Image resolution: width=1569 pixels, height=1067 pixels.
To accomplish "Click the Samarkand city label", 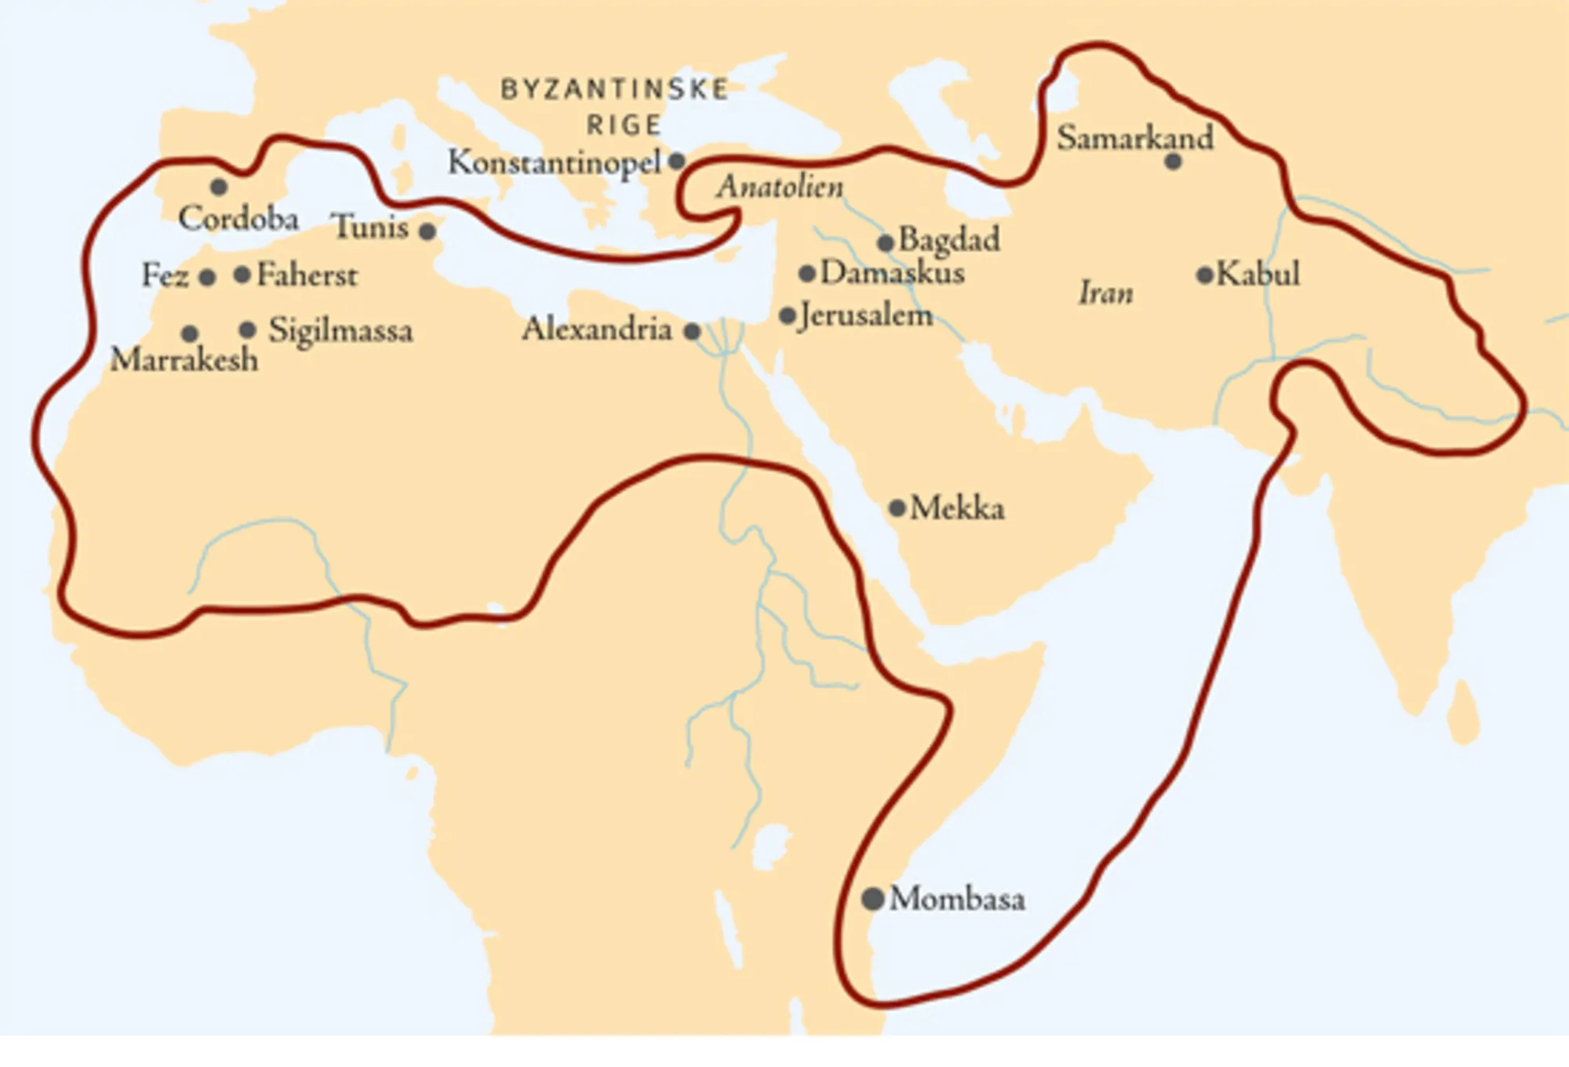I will click(x=1134, y=138).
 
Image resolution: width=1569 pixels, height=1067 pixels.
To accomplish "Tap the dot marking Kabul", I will click(x=1204, y=275).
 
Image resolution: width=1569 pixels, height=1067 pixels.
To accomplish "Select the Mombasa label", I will click(x=957, y=899).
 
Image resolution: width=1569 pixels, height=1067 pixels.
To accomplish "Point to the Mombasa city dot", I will click(x=872, y=899).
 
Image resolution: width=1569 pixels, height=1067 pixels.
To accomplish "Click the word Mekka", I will click(x=957, y=508).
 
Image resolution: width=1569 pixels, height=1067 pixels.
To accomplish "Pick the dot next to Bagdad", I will click(x=885, y=243).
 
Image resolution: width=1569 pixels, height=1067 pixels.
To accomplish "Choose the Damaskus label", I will click(x=892, y=273).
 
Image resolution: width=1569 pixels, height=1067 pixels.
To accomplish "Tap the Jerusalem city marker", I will click(x=788, y=316).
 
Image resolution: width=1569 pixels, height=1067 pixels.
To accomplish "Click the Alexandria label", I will click(x=597, y=330).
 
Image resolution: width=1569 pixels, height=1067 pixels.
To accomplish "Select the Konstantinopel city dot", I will click(x=676, y=162).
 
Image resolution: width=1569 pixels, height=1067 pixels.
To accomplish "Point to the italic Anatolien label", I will click(x=781, y=187).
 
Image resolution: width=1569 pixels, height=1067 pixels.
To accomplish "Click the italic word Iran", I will click(x=1105, y=293).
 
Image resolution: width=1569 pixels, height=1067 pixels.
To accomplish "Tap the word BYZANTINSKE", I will click(x=615, y=89).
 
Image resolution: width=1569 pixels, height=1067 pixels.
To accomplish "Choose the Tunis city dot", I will click(x=428, y=231).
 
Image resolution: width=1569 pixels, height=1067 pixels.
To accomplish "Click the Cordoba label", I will click(x=238, y=219).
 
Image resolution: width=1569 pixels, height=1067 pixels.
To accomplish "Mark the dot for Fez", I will click(x=207, y=278).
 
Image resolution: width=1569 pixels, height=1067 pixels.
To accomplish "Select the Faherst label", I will click(x=307, y=275).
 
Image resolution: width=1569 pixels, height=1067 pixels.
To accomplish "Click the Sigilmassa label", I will click(x=340, y=331).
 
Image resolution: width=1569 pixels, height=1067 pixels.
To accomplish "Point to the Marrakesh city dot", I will click(x=190, y=333).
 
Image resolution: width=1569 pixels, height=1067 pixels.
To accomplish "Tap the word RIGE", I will click(x=624, y=126).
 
